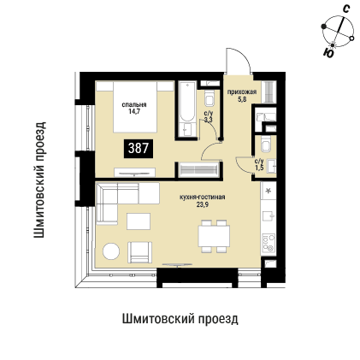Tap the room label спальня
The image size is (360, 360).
pyautogui.click(x=134, y=104)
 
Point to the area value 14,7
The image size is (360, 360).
pyautogui.click(x=134, y=111)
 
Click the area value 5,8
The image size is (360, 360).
pyautogui.click(x=242, y=97)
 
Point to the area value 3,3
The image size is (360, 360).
pyautogui.click(x=209, y=119)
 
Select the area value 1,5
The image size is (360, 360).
pyautogui.click(x=259, y=166)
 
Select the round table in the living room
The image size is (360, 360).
pyautogui.click(x=112, y=252)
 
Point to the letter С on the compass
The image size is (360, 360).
pyautogui.click(x=345, y=8)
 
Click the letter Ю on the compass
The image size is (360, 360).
pyautogui.click(x=329, y=53)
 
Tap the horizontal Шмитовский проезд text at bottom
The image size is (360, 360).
pyautogui.click(x=180, y=318)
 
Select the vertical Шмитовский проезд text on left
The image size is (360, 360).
pyautogui.click(x=40, y=178)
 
